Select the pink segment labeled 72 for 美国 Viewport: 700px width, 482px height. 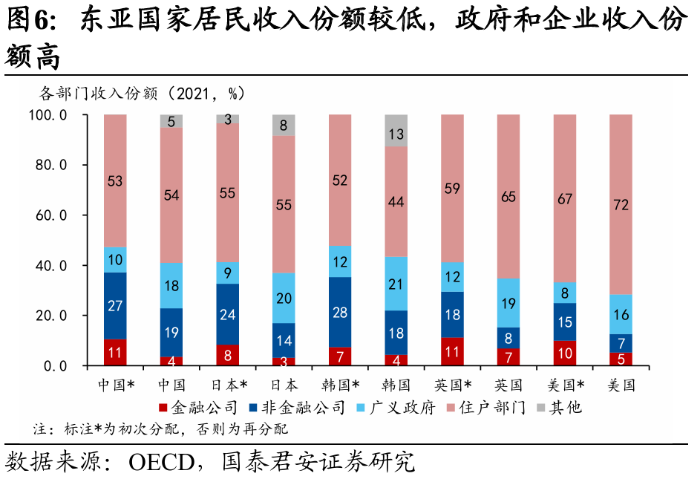pyautogui.click(x=621, y=204)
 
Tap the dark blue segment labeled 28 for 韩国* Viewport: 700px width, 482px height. pyautogui.click(x=340, y=312)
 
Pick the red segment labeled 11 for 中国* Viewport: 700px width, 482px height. pyautogui.click(x=115, y=353)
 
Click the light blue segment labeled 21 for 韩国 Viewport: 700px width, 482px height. pyautogui.click(x=396, y=284)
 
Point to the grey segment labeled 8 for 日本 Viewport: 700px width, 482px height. pyautogui.click(x=284, y=126)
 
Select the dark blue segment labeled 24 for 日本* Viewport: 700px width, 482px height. pyautogui.click(x=228, y=314)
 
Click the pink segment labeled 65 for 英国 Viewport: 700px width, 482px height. pyautogui.click(x=508, y=197)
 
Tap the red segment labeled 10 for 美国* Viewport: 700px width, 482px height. pyautogui.click(x=565, y=354)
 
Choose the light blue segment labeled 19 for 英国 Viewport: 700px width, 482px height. pyautogui.click(x=508, y=303)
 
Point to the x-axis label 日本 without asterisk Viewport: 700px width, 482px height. pyautogui.click(x=284, y=385)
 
